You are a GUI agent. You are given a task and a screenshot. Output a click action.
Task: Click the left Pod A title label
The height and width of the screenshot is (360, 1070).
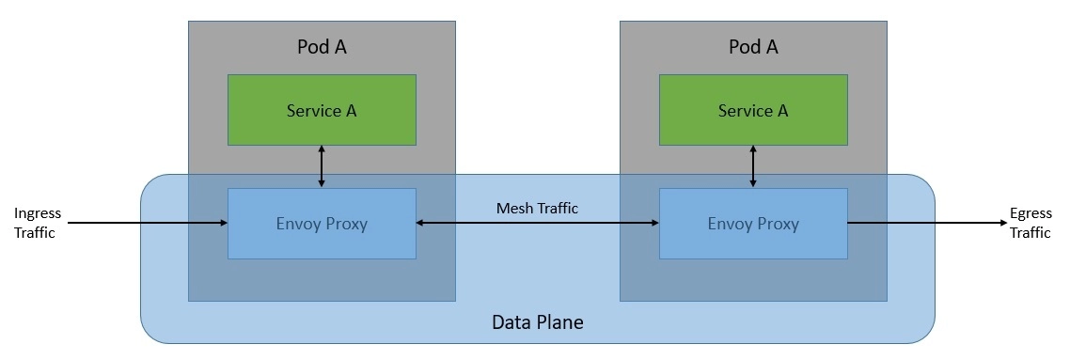click(x=322, y=47)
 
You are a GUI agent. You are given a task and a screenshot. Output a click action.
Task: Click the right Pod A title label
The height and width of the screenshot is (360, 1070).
click(x=753, y=47)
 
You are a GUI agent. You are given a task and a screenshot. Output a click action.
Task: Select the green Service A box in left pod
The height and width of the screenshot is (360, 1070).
click(x=322, y=110)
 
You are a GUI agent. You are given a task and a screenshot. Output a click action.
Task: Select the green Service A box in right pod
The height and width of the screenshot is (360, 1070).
click(x=753, y=110)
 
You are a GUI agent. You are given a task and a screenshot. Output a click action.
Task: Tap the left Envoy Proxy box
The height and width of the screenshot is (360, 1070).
click(x=322, y=224)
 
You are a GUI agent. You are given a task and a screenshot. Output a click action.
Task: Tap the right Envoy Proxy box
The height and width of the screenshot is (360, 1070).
click(x=753, y=224)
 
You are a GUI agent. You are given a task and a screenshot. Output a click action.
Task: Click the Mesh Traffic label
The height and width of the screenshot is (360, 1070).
click(x=537, y=208)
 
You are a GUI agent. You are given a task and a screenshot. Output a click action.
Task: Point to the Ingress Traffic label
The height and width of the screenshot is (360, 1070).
click(x=38, y=224)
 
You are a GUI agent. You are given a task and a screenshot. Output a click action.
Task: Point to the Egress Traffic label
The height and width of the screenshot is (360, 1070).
click(x=1030, y=224)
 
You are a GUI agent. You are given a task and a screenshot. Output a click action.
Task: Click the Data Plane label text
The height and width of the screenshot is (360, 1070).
click(x=537, y=322)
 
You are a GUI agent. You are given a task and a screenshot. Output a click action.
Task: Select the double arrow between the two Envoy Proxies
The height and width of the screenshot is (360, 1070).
click(x=537, y=224)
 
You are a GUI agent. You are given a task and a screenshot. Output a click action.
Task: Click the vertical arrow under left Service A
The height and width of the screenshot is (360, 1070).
click(x=322, y=166)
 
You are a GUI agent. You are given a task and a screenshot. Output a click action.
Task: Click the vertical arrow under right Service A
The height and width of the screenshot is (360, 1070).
click(x=753, y=166)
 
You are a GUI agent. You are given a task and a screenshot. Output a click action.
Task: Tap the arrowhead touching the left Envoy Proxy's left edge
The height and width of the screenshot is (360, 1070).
click(x=223, y=224)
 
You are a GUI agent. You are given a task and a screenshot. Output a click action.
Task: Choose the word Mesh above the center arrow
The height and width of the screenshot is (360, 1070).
click(x=513, y=208)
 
